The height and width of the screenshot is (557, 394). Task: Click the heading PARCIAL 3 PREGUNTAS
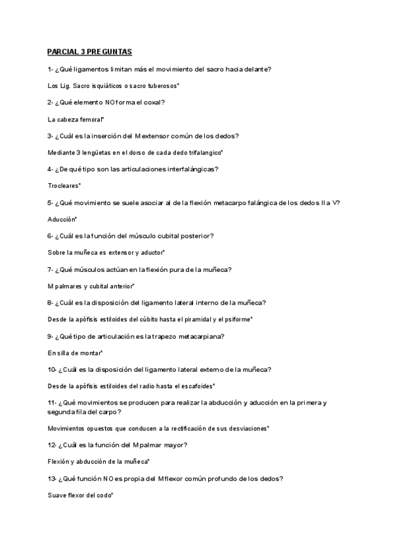pyautogui.click(x=89, y=52)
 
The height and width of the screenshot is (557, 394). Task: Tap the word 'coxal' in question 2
pyautogui.click(x=152, y=102)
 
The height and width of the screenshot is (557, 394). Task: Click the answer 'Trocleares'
pyautogui.click(x=64, y=186)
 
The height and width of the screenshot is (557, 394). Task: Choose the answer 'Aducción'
pyautogui.click(x=62, y=219)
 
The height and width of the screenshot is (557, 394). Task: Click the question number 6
pyautogui.click(x=51, y=236)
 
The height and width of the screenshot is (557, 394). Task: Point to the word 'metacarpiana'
pyautogui.click(x=200, y=336)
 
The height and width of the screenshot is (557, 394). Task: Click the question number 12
pyautogui.click(x=52, y=445)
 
